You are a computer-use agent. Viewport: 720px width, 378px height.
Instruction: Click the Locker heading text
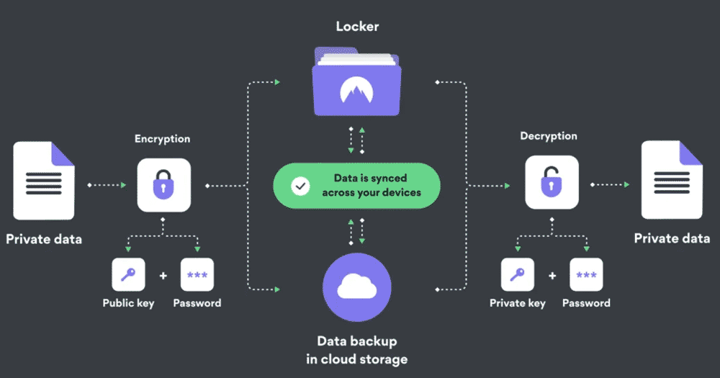pyautogui.click(x=356, y=27)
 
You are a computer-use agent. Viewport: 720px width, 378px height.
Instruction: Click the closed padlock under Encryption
pyautogui.click(x=164, y=185)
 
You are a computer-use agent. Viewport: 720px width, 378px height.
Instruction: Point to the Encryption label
pyautogui.click(x=162, y=140)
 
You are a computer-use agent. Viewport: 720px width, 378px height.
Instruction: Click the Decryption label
pyautogui.click(x=549, y=136)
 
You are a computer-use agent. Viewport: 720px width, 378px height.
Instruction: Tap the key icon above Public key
pyautogui.click(x=128, y=274)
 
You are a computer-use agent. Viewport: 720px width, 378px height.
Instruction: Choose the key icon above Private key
pyautogui.click(x=517, y=274)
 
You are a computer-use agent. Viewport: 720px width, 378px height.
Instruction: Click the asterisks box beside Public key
pyautogui.click(x=197, y=274)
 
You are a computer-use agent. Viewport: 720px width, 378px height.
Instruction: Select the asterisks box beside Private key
pyautogui.click(x=586, y=274)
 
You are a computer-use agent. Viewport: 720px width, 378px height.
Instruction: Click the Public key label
pyautogui.click(x=128, y=303)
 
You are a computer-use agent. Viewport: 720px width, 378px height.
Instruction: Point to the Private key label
pyautogui.click(x=517, y=303)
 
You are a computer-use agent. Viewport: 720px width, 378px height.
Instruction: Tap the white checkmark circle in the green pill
pyautogui.click(x=300, y=185)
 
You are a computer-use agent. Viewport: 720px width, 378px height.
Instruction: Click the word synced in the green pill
pyautogui.click(x=389, y=178)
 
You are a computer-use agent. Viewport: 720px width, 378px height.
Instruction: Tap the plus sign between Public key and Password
pyautogui.click(x=163, y=275)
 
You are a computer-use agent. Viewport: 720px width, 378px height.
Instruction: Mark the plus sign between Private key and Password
pyautogui.click(x=552, y=275)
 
